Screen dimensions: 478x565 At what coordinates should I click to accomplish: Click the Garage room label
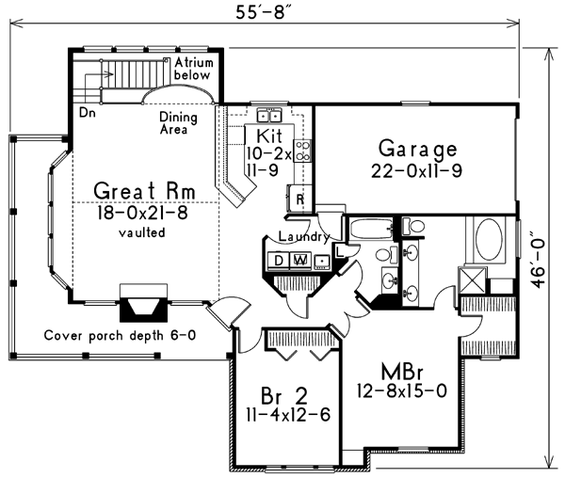point(417,149)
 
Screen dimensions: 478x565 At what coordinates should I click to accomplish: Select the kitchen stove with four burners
point(304,150)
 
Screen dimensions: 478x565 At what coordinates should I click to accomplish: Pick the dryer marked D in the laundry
point(281,260)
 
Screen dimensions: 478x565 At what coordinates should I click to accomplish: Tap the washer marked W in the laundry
point(300,260)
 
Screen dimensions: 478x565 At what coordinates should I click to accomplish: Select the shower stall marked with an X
point(472,281)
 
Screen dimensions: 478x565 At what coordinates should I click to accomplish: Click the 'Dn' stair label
point(88,111)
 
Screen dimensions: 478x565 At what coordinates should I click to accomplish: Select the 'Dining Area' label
point(178,122)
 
